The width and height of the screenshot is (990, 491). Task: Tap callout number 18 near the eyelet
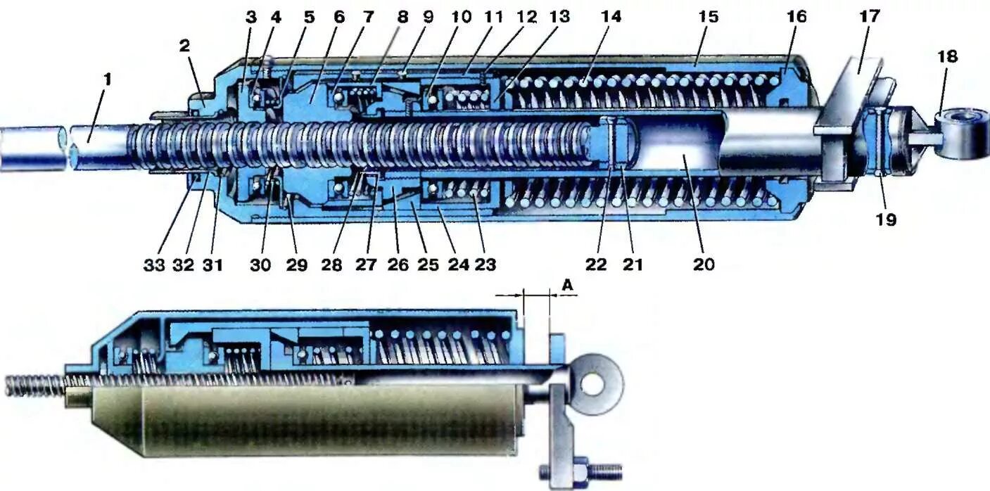coord(947,57)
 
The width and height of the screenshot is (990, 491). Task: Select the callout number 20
coord(704,264)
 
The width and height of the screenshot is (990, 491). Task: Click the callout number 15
coord(708,17)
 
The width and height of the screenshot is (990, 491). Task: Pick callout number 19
coord(886,219)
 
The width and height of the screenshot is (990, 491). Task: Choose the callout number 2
coord(184,46)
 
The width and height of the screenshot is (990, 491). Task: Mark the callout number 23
coord(485,264)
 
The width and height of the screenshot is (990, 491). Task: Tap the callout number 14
coord(611,17)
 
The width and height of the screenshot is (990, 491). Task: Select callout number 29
coord(296,264)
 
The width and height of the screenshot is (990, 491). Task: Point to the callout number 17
coord(869,17)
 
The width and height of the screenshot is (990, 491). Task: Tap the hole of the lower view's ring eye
coord(595,383)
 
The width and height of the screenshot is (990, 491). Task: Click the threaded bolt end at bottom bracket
coord(607,468)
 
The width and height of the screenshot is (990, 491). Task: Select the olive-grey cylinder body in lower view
coord(331,419)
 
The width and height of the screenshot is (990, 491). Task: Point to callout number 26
coord(395,264)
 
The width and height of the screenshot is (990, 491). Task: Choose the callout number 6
coord(339,17)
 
